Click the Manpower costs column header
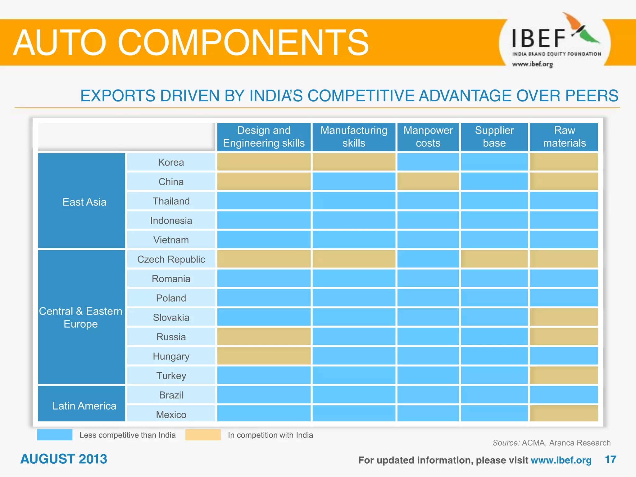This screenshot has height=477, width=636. click(428, 137)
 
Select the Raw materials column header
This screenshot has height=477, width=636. click(564, 137)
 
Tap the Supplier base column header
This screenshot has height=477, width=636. click(494, 137)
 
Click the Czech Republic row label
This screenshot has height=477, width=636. click(171, 259)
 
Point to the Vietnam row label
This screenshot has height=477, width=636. click(171, 240)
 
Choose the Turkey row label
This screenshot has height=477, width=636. click(171, 376)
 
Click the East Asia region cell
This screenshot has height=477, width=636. click(82, 202)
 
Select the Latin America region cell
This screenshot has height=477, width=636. click(82, 405)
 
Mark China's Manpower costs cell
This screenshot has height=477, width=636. click(428, 181)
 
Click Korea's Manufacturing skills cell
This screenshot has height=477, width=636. click(354, 162)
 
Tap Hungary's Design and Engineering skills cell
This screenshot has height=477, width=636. click(264, 356)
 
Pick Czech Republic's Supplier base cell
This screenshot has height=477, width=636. click(494, 259)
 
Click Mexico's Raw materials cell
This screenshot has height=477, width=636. click(564, 414)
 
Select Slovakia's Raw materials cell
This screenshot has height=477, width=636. click(564, 317)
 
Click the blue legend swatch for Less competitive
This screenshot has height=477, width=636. click(55, 435)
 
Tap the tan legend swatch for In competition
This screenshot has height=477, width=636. click(203, 435)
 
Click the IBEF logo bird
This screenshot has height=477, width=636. click(581, 30)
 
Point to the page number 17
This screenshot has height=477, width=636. click(610, 460)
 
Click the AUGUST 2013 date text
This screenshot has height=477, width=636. click(64, 459)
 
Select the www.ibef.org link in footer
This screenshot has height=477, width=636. click(561, 460)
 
